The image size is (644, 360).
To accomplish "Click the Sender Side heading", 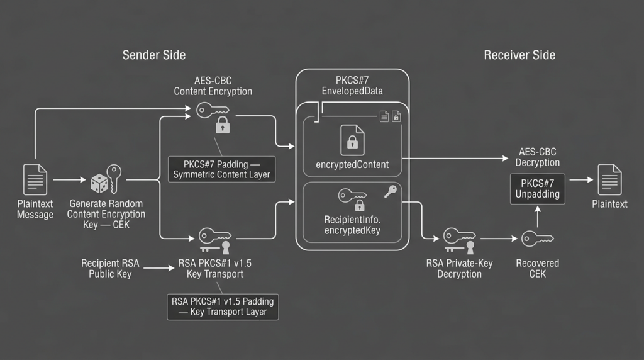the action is click(154, 55).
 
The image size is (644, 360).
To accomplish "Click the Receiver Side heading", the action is click(519, 55).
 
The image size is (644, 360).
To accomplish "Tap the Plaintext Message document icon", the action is click(35, 179).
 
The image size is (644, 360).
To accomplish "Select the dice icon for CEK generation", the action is click(99, 183).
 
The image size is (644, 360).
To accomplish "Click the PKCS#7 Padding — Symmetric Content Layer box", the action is click(222, 169).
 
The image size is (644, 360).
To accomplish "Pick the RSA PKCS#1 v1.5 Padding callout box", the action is click(223, 307).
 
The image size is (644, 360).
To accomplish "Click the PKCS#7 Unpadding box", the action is click(538, 189).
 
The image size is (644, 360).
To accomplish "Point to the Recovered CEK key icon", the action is click(538, 239).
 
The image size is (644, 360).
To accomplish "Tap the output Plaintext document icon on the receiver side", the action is click(609, 179).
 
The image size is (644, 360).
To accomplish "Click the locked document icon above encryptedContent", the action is click(352, 140).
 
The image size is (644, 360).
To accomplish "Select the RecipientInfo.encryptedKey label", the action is click(352, 225).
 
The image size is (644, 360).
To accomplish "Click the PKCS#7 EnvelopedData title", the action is click(352, 86).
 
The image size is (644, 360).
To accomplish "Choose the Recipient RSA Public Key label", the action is click(110, 268).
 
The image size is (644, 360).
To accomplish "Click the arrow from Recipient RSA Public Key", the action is click(159, 268).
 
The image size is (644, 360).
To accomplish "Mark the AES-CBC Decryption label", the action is click(538, 157).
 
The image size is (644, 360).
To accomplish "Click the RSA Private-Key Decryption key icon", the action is click(460, 240).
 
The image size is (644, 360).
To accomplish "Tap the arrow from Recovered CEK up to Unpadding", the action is click(538, 217).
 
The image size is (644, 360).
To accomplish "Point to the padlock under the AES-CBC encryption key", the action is click(223, 125).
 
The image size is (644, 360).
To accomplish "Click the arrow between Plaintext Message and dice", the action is click(69, 179).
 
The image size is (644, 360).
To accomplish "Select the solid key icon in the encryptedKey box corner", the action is click(390, 191).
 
